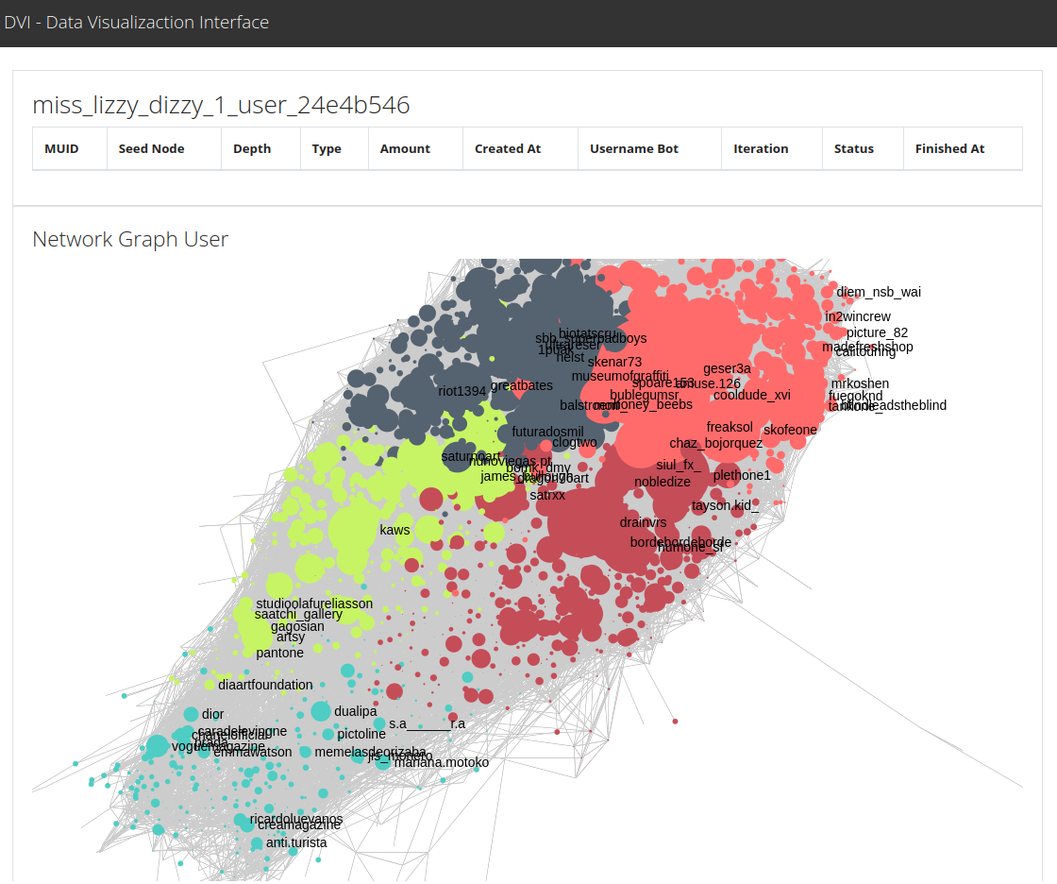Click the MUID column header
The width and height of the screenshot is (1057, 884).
click(x=61, y=149)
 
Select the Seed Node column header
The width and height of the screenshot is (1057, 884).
click(x=151, y=149)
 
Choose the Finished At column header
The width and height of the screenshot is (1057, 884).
click(x=949, y=149)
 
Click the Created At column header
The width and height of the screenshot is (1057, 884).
click(x=508, y=149)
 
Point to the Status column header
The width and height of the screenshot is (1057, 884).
click(x=853, y=149)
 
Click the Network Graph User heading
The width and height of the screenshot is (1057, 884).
click(x=130, y=239)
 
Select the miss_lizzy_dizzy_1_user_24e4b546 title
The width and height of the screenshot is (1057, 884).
click(x=221, y=105)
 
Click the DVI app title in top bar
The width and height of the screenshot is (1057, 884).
click(x=136, y=23)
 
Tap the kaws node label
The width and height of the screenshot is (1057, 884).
click(x=394, y=530)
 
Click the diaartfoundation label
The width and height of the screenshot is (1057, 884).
click(x=265, y=685)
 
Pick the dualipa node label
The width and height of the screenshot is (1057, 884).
click(x=355, y=711)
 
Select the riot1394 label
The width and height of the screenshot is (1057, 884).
click(x=462, y=391)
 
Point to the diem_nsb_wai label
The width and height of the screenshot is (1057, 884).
click(x=879, y=292)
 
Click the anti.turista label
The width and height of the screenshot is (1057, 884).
click(x=296, y=842)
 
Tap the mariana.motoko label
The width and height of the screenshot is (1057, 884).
click(x=442, y=762)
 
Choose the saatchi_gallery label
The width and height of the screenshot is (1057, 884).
click(x=297, y=615)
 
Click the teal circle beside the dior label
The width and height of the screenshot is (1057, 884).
click(x=191, y=715)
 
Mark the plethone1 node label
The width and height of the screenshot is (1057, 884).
click(x=742, y=475)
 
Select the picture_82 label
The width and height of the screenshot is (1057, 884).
click(x=877, y=332)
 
